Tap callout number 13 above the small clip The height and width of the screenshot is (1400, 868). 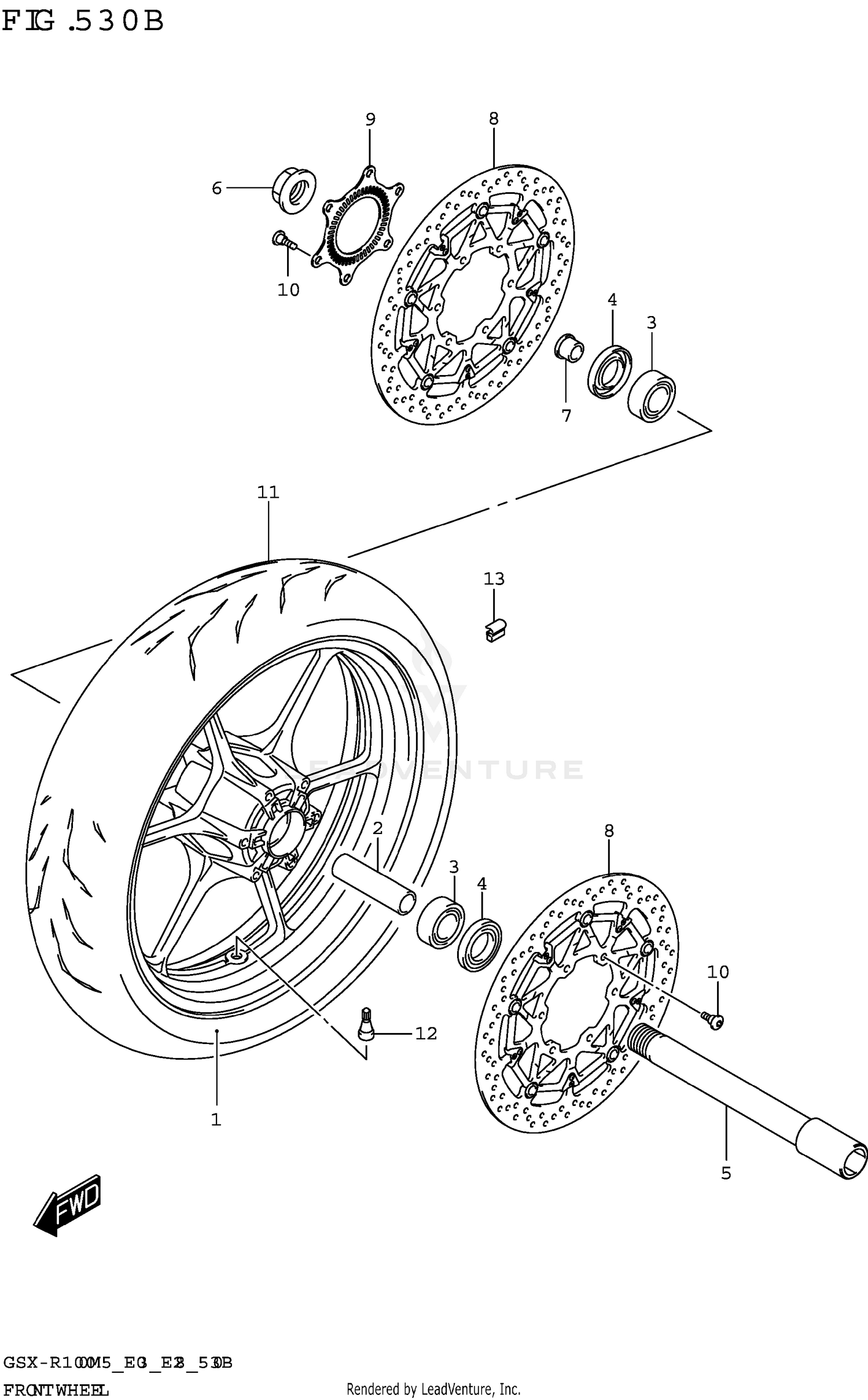click(494, 579)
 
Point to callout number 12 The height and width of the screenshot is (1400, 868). click(426, 1033)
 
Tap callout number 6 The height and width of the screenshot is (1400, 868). click(216, 188)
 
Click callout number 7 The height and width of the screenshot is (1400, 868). click(566, 416)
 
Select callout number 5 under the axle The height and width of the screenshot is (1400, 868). click(726, 1173)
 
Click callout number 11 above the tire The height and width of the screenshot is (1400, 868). click(268, 493)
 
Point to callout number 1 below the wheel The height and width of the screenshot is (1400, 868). click(216, 1120)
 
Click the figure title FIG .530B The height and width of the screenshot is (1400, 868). click(83, 22)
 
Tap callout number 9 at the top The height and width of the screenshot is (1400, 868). click(370, 120)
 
